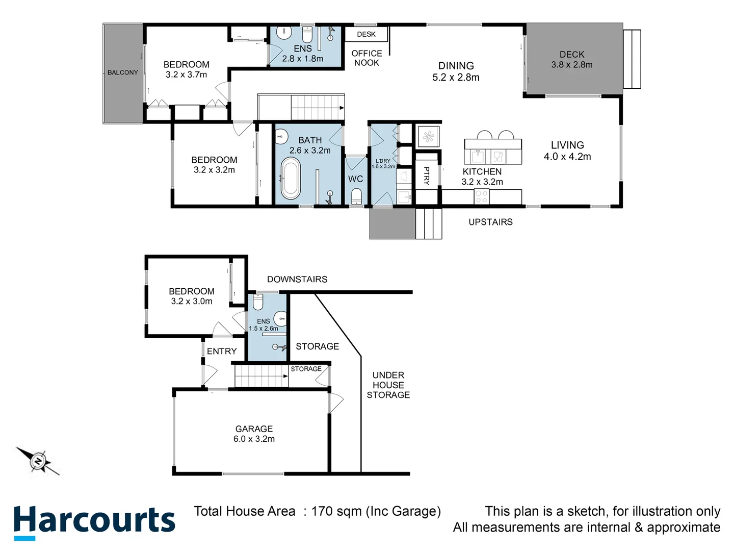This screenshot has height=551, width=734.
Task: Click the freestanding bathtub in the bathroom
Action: point(291,178)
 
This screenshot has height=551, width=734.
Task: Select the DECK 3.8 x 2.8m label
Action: point(572,59)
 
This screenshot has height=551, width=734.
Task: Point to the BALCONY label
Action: point(122,72)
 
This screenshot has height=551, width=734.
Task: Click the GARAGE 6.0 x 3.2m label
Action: point(254,434)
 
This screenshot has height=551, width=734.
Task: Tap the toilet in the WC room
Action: point(356,196)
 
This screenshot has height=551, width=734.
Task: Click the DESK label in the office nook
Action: point(366,34)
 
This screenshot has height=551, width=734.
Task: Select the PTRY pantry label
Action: point(427,176)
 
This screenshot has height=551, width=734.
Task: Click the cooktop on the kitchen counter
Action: point(482,196)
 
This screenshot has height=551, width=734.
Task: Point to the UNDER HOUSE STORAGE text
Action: point(388,385)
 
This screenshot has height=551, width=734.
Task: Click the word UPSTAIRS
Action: point(490,222)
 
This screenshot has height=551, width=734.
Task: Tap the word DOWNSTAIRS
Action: point(297,279)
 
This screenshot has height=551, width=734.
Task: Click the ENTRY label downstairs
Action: point(222,351)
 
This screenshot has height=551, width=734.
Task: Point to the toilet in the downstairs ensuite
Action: point(258,303)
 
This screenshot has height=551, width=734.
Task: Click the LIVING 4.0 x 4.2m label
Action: point(567,151)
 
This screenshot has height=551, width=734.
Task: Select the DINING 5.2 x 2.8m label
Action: point(456,71)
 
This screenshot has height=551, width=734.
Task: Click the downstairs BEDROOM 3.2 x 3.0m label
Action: point(192,296)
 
